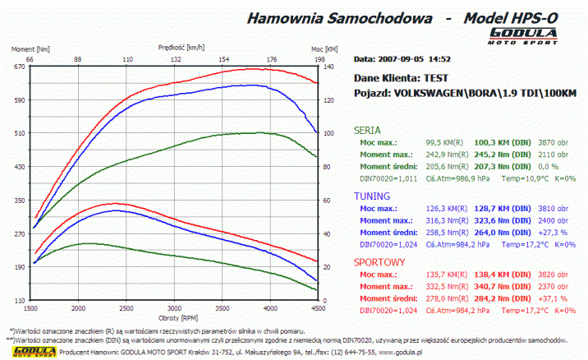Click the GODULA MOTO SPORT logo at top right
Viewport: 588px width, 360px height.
pos(523,35)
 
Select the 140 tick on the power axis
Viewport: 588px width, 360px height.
pos(330,67)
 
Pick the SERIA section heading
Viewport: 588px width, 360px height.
pos(366,130)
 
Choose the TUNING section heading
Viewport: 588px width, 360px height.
pos(370,196)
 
